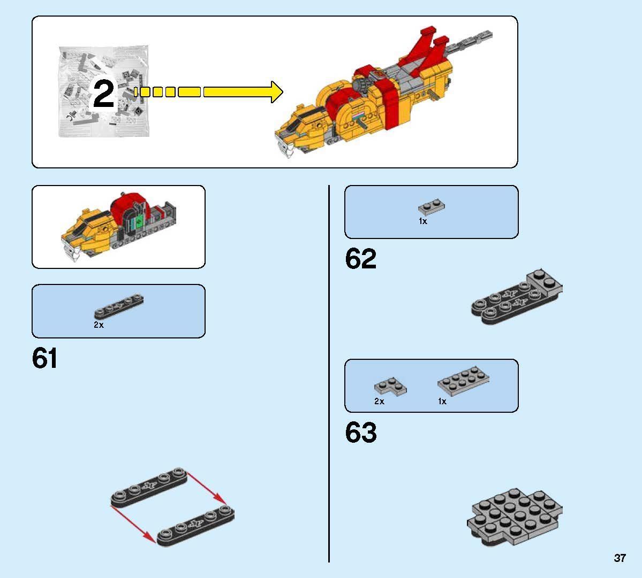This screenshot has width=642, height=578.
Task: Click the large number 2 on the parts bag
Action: click(x=103, y=94)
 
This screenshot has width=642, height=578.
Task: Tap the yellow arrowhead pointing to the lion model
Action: click(x=277, y=92)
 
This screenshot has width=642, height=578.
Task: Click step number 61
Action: click(x=44, y=358)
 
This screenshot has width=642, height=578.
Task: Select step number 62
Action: click(x=360, y=258)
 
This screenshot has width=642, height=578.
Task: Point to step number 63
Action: click(x=361, y=433)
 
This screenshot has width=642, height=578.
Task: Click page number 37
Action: click(x=620, y=558)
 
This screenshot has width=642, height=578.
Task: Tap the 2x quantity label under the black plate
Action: click(x=99, y=325)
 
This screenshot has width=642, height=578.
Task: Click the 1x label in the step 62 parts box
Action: click(x=423, y=221)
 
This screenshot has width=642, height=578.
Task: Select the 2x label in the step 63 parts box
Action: click(x=379, y=402)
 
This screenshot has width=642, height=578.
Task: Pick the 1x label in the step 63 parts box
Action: click(x=442, y=402)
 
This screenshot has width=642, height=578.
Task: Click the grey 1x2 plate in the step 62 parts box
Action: click(x=432, y=207)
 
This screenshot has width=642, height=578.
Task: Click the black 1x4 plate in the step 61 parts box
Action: click(x=119, y=306)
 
